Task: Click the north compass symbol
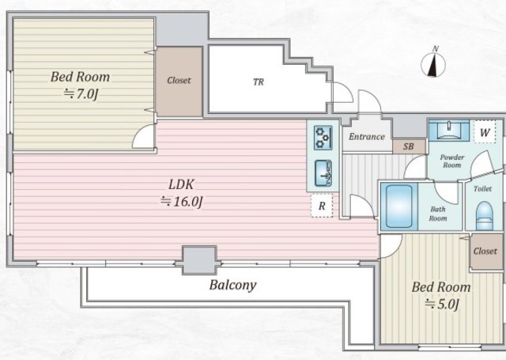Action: point(433,63)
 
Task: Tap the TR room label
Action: point(259,82)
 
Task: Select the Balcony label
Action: point(232,285)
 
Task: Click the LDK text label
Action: point(181,184)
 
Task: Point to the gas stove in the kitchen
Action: point(323,138)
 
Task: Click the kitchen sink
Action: point(323,173)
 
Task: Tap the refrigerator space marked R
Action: point(322,206)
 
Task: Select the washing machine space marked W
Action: point(485,132)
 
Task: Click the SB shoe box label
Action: point(408,146)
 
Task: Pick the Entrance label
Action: point(367,137)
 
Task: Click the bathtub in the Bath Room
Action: point(399,207)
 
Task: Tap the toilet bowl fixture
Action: point(485,216)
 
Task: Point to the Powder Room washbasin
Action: point(449,130)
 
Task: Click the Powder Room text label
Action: point(452,161)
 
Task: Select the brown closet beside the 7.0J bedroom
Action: point(179,81)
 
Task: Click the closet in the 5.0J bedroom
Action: point(486,252)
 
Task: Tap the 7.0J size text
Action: point(80,95)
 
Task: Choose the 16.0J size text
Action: point(181,202)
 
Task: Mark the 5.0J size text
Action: point(441,304)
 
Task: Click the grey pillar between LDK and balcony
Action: point(199,260)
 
